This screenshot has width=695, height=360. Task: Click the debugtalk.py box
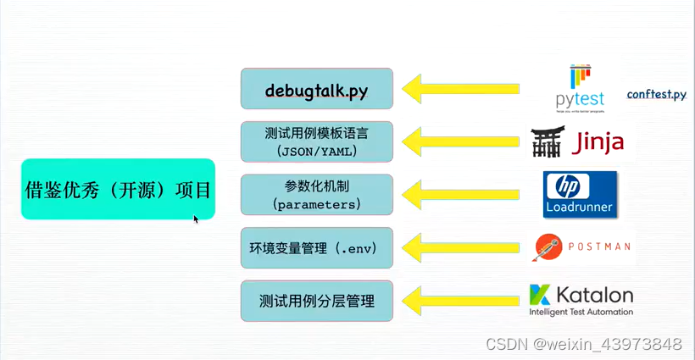pos(316,89)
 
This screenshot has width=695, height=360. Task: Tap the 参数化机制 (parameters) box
pos(316,195)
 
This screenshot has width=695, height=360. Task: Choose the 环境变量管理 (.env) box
pos(316,248)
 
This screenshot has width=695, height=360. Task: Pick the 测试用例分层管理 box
pos(316,301)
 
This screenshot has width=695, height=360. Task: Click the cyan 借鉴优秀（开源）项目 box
pos(118,189)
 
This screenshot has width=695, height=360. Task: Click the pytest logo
pos(581,88)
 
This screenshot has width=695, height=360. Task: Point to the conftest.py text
pos(656,94)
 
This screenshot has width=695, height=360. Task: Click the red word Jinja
pos(598,141)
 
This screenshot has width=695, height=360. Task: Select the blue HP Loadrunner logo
pos(580,194)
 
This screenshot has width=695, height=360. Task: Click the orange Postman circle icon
pos(547,247)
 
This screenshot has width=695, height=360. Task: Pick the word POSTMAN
pos(599,247)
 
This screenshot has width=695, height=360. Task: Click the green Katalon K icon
pos(540,295)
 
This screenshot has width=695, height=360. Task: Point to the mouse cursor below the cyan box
pos(196,219)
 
